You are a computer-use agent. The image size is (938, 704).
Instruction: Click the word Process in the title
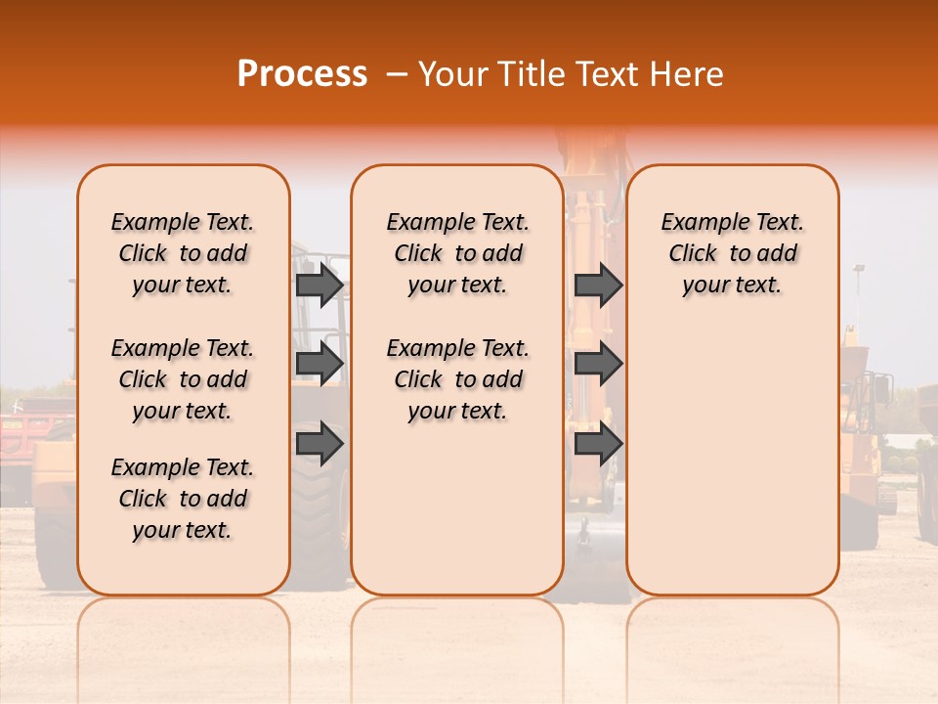point(302,73)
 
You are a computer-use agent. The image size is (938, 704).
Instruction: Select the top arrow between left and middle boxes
point(320,285)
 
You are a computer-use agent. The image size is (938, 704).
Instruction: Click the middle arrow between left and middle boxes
point(320,364)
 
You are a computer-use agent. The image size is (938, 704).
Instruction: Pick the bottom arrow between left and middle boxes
point(320,444)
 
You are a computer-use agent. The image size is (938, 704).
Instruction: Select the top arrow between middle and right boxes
point(598,285)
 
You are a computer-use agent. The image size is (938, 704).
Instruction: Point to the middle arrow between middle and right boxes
point(598,364)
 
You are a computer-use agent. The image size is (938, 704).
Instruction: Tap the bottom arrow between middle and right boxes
point(598,444)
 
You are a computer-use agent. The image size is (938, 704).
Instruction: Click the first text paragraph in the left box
point(183,253)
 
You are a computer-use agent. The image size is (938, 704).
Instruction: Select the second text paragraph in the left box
point(183,379)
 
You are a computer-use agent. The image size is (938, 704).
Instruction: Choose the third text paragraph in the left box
point(183,499)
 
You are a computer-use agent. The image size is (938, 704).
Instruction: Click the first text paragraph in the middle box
point(457,253)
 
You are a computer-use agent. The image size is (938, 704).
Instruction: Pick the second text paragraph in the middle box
point(457,379)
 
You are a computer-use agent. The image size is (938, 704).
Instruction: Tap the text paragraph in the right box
point(732,253)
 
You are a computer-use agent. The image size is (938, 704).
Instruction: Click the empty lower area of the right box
point(732,460)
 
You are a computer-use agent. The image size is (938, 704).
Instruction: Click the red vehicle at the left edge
point(20,430)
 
